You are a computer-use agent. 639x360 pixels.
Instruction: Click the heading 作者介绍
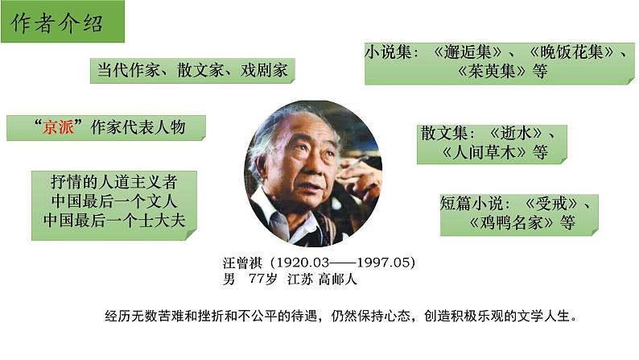point(57,24)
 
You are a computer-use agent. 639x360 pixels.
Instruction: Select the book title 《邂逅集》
point(468,51)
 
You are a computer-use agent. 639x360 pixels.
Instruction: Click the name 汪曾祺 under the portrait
point(243,263)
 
